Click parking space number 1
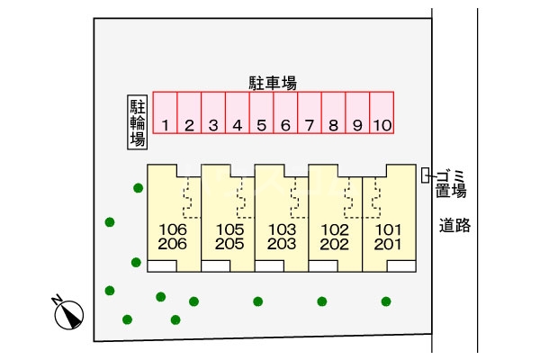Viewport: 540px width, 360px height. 166,114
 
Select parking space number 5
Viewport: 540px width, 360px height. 261,114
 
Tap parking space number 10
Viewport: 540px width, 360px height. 382,114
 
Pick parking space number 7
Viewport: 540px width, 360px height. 309,114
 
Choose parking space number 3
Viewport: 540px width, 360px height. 213,114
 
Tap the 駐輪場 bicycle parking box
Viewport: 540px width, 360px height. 138,123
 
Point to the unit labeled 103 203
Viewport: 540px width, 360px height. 283,237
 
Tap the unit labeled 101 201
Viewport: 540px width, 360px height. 388,237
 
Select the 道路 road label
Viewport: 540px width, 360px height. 454,226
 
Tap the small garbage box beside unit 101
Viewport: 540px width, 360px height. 427,175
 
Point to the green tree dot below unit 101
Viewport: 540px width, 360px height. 386,301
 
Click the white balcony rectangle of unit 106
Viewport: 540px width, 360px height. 163,265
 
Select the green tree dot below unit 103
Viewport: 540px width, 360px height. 258,301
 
